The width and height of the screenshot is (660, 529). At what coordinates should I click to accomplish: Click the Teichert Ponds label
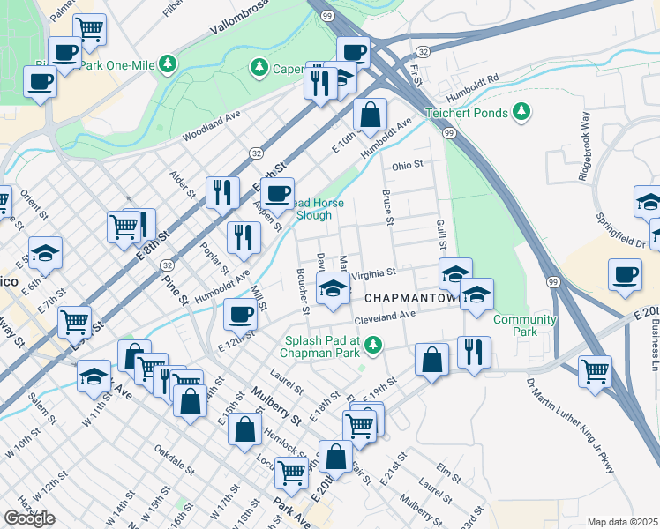tap(467, 113)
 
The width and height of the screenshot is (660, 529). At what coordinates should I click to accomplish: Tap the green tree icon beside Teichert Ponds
tap(521, 111)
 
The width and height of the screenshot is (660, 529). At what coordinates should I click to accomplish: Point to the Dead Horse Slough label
tap(304, 209)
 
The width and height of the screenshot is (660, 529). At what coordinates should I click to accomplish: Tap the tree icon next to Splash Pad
tap(375, 343)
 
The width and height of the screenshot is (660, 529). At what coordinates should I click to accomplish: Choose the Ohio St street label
tap(408, 165)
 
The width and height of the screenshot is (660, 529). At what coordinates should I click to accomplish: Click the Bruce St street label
tap(386, 206)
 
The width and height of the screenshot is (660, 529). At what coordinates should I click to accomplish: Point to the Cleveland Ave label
tap(385, 317)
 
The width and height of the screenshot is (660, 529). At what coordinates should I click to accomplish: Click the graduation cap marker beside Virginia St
tap(332, 287)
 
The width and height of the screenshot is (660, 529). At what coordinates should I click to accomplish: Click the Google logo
tap(29, 518)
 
